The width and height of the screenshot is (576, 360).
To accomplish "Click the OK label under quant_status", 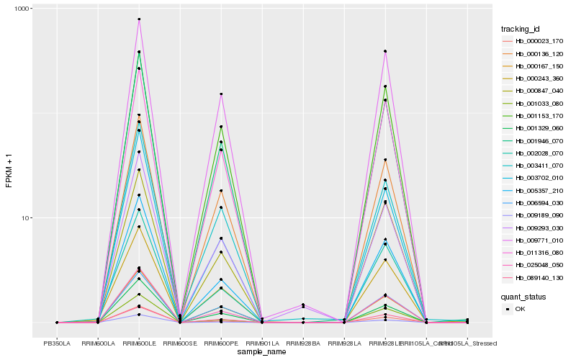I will tap(520, 308).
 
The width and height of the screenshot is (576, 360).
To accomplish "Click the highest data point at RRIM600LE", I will tap(139, 19).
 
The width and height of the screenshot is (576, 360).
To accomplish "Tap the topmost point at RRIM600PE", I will tap(221, 94).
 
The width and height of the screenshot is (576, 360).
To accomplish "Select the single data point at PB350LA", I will tap(57, 323).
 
